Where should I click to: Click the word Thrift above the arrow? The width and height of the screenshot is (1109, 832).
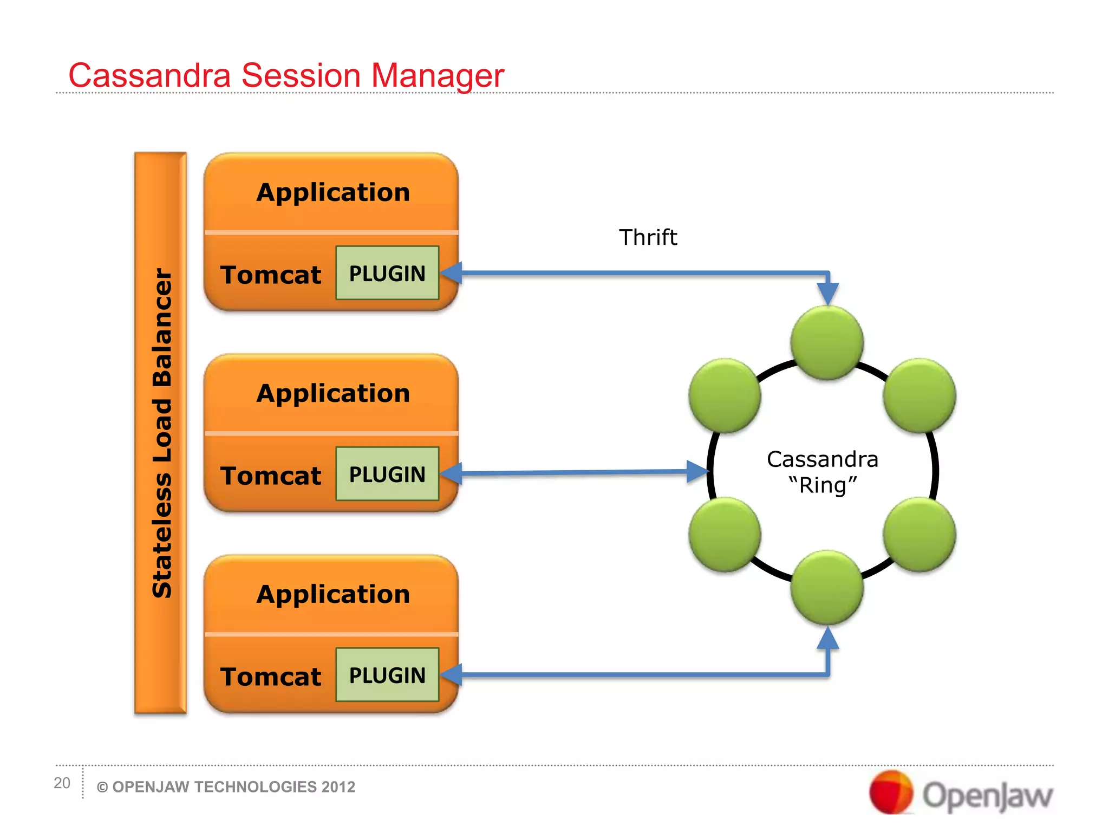click(648, 237)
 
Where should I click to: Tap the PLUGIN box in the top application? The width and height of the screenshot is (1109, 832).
click(387, 273)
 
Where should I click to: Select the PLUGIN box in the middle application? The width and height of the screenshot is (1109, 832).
click(387, 474)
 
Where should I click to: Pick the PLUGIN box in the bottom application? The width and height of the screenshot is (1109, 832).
click(387, 675)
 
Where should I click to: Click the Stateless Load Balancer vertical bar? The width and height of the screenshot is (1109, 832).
click(161, 433)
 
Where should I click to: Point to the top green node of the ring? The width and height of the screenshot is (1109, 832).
click(827, 343)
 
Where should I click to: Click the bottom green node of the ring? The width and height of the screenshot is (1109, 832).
click(827, 587)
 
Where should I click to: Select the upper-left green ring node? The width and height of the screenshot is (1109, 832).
click(725, 395)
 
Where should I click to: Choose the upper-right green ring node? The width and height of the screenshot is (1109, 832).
click(919, 395)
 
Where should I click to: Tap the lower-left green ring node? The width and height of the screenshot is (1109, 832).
click(725, 535)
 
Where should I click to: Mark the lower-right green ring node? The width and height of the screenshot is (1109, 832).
click(919, 535)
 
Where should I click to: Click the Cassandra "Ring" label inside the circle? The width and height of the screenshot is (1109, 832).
click(823, 472)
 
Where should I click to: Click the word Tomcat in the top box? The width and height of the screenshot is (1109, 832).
click(271, 275)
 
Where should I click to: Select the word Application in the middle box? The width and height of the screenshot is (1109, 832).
click(333, 393)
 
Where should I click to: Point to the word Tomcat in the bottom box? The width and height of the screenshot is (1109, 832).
click(271, 677)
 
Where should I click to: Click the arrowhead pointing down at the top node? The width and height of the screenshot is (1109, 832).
click(827, 294)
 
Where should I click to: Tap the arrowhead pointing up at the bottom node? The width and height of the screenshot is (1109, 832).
click(827, 638)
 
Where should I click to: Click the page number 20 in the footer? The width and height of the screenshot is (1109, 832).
click(62, 783)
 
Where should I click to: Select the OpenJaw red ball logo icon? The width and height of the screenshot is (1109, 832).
click(891, 792)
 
